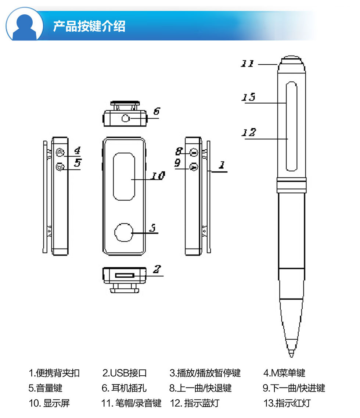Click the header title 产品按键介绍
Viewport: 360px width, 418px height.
[x=89, y=26]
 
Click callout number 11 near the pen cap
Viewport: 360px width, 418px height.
[x=247, y=63]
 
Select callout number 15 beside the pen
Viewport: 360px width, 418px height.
[x=248, y=97]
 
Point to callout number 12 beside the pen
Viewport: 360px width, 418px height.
[x=249, y=132]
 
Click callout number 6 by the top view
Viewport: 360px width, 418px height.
[x=156, y=111]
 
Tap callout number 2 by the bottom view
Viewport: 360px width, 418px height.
[x=157, y=269]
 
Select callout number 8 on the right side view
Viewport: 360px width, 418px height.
[x=179, y=151]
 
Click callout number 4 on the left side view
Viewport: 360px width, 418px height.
[x=77, y=150]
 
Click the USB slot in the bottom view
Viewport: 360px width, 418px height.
[x=125, y=275]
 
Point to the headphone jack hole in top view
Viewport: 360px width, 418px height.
[x=126, y=118]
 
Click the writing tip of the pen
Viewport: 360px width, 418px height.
[x=291, y=353]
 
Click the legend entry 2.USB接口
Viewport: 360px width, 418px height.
[x=125, y=373]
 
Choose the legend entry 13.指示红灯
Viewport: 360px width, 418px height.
[x=287, y=403]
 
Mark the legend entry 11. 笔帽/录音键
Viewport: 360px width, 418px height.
[x=131, y=403]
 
